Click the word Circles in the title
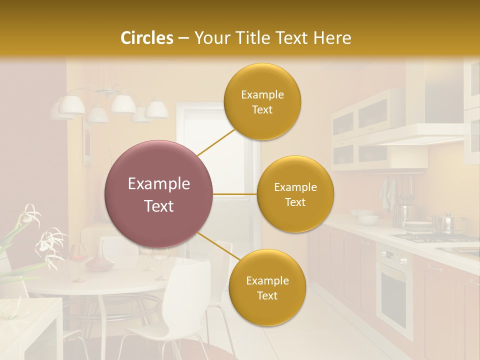click(x=146, y=38)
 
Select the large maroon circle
click(x=159, y=194)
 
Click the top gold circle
click(x=262, y=101)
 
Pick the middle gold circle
click(x=295, y=194)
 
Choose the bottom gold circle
click(x=267, y=287)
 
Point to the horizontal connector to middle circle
click(x=235, y=194)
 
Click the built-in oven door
click(x=394, y=290)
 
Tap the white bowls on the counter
click(x=367, y=218)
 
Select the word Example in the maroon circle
click(x=159, y=184)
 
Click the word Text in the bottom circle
click(x=267, y=295)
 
